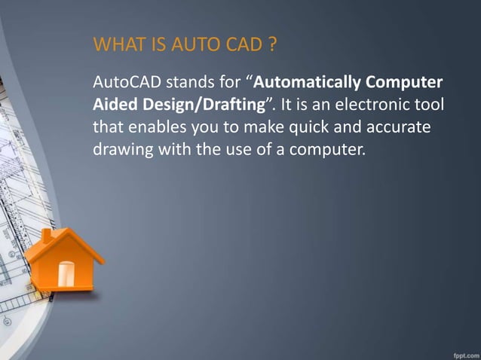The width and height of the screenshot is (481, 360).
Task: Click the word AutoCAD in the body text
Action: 123,81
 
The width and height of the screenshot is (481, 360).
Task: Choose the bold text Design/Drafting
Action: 199,104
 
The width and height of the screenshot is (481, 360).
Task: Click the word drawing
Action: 121,149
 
